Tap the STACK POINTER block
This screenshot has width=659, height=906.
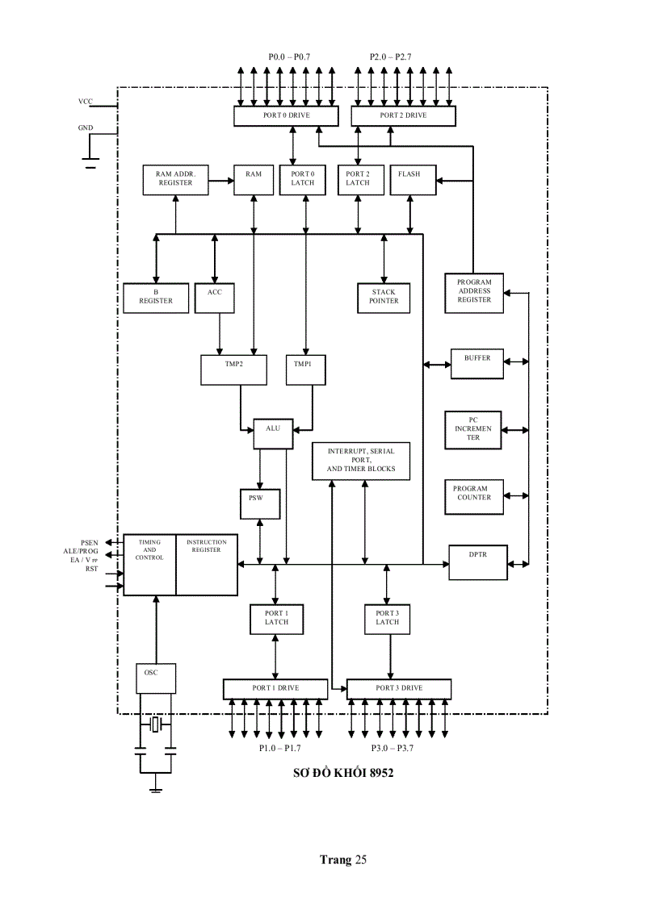[x=384, y=297]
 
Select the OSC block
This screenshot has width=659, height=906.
[x=155, y=677]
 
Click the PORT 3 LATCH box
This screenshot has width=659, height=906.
[x=388, y=618]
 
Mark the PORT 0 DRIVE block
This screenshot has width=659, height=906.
[x=284, y=116]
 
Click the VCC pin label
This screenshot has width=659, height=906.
[x=86, y=102]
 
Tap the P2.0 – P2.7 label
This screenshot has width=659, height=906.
[x=391, y=57]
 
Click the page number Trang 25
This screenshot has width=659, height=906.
[x=343, y=859]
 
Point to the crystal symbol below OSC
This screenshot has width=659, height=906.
[x=156, y=725]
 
